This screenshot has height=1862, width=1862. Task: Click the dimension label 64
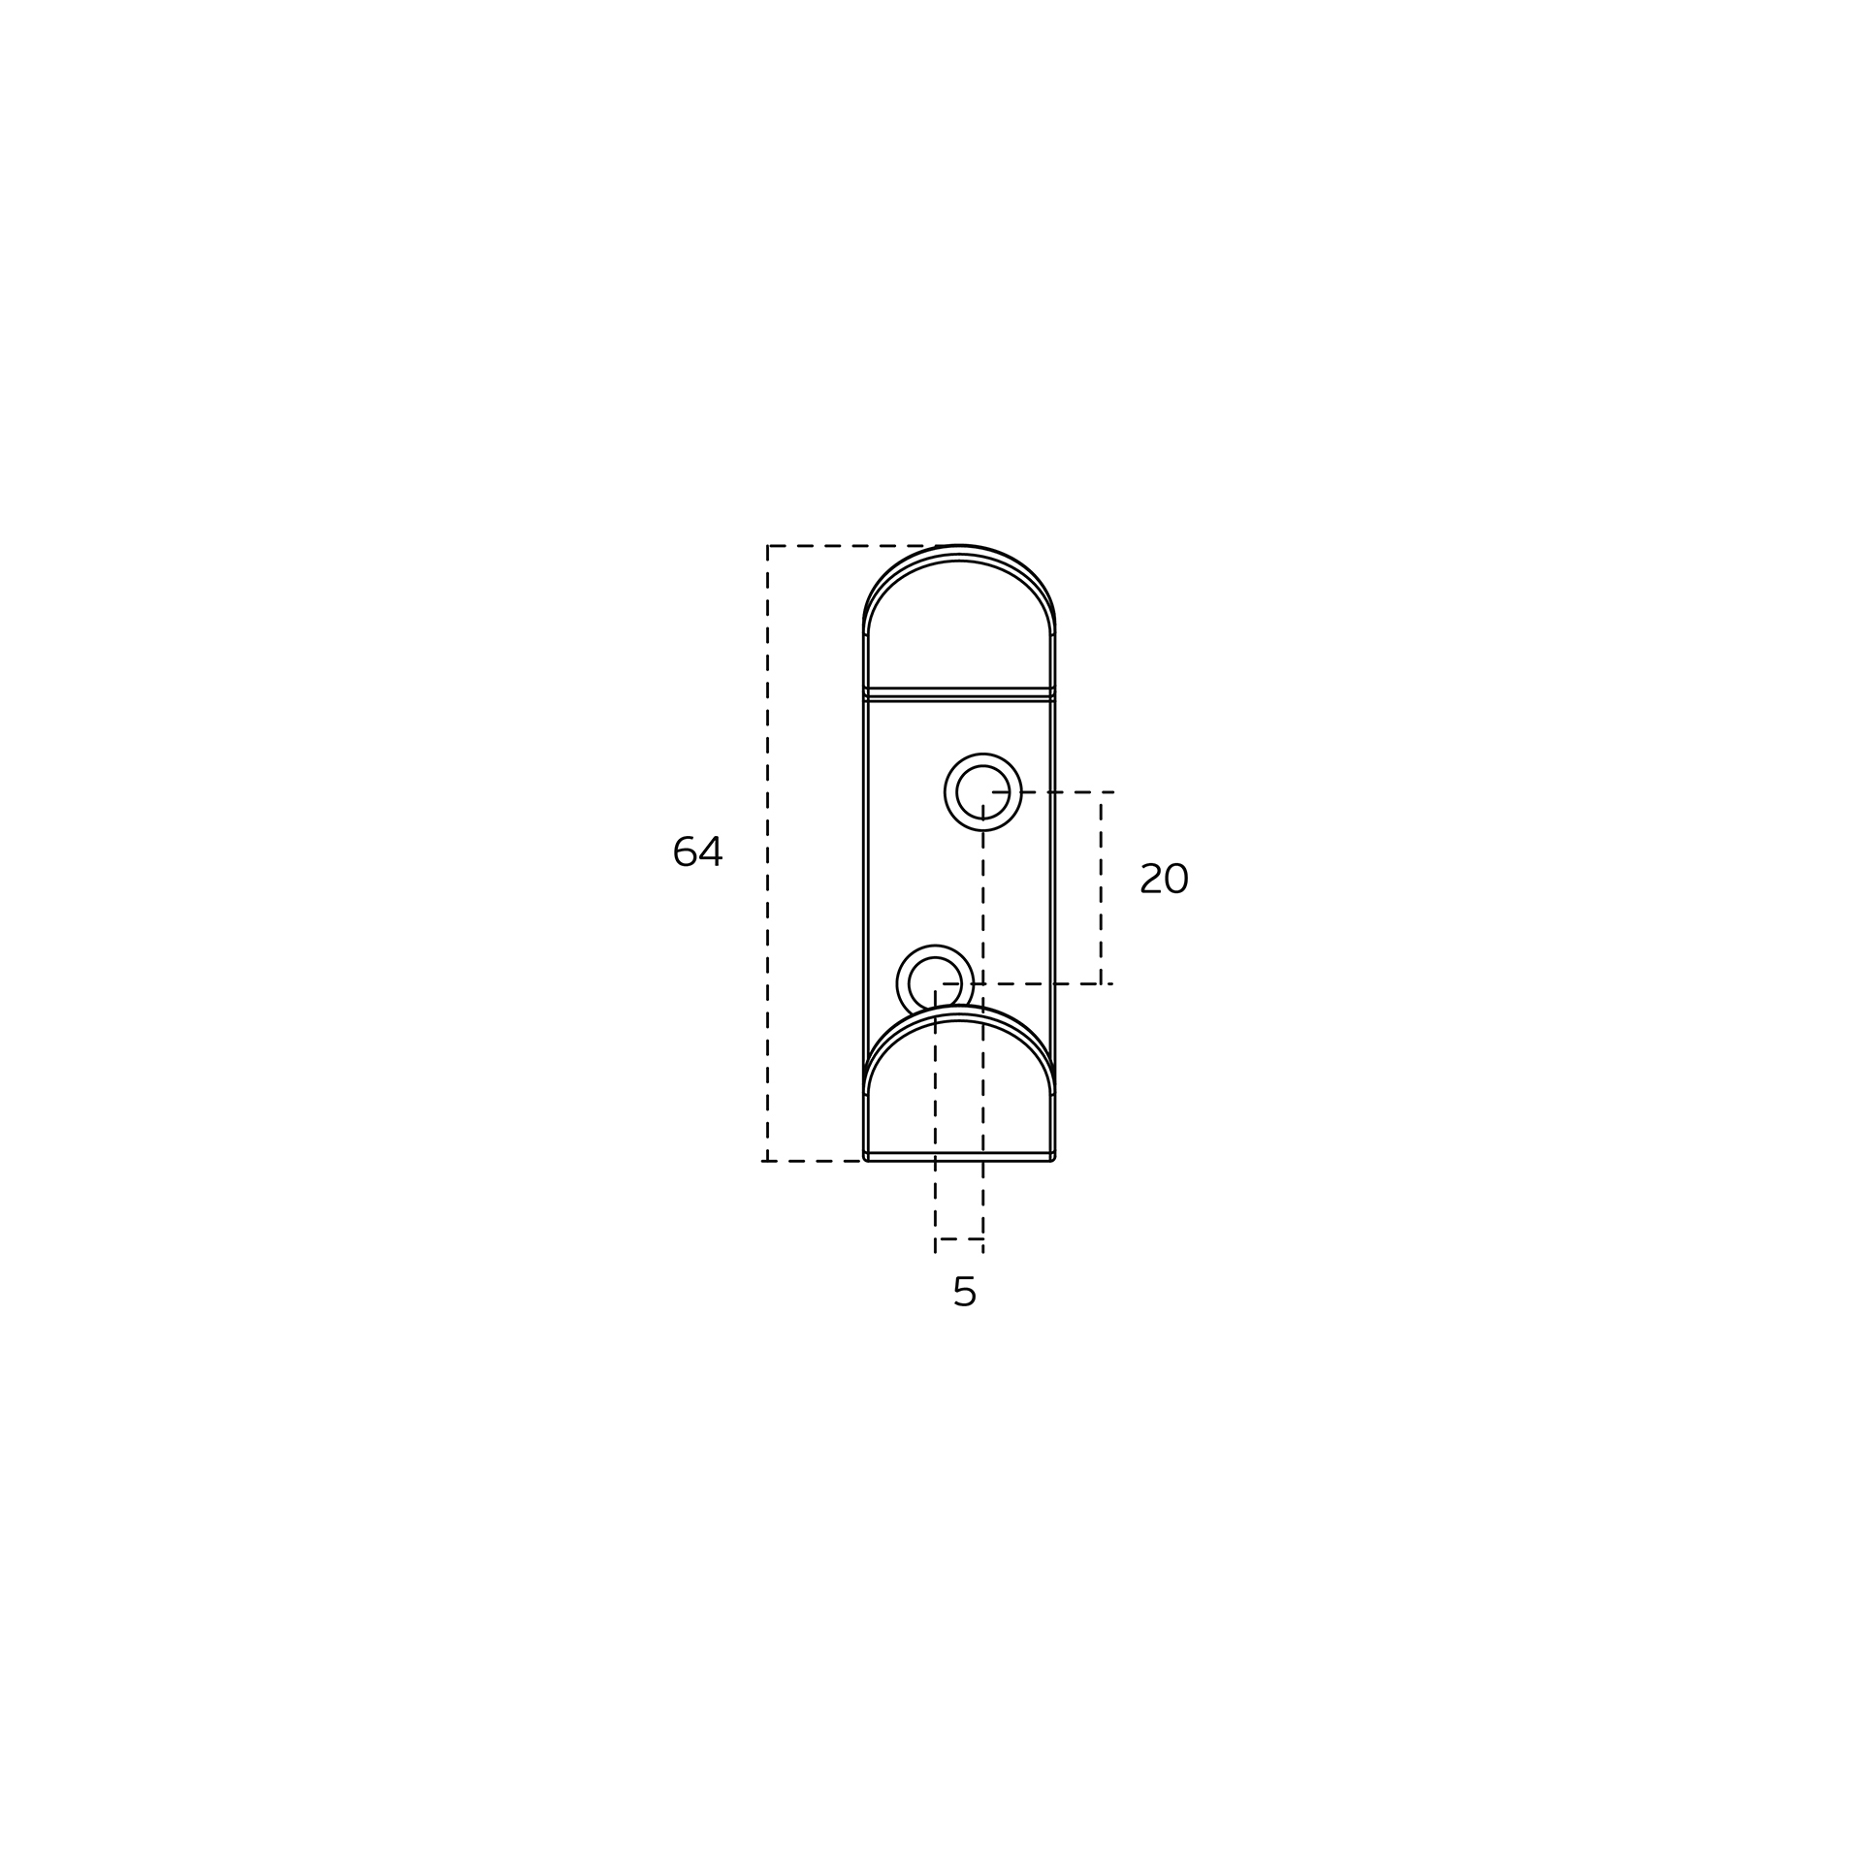click(697, 851)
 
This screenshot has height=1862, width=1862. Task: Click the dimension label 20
click(1164, 879)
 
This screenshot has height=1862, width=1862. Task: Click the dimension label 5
click(964, 1292)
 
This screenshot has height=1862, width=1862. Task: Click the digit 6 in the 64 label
click(685, 851)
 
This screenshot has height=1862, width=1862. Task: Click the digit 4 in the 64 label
click(711, 851)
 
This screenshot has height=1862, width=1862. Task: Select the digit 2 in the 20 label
click(1151, 879)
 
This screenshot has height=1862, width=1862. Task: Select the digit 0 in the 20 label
click(1176, 879)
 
